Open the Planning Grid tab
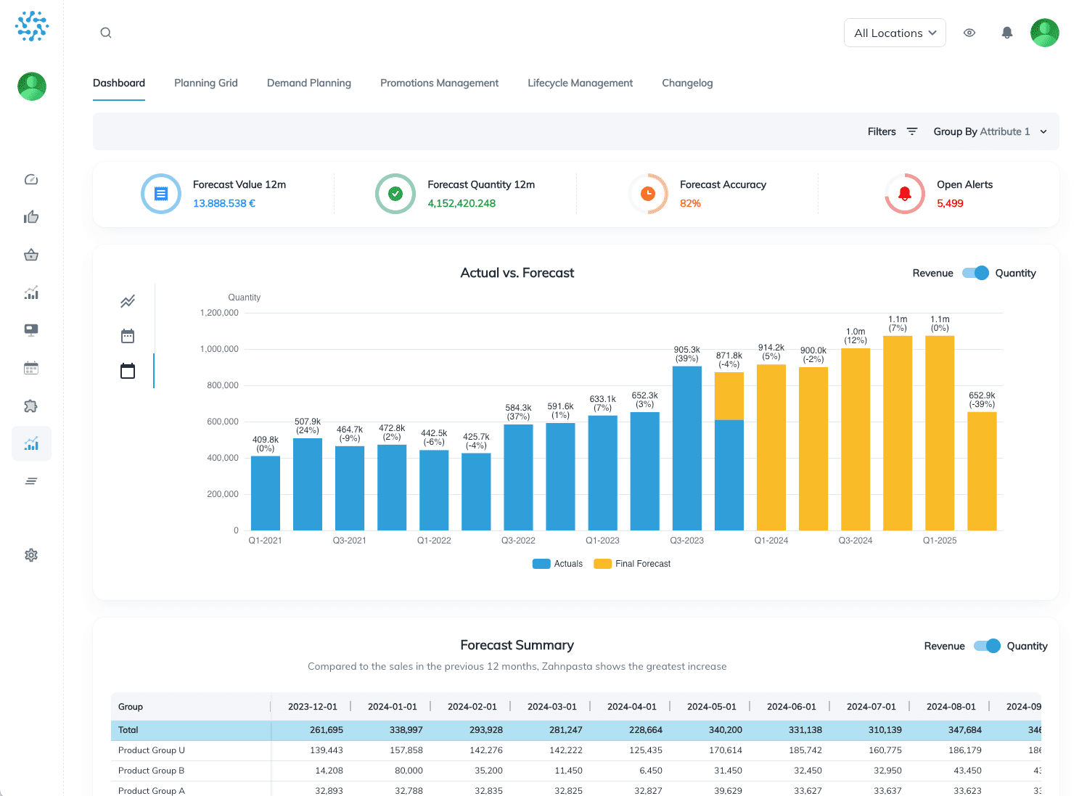(206, 83)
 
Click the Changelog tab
(687, 83)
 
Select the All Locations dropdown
(895, 33)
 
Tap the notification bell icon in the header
(1007, 33)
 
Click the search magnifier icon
(106, 33)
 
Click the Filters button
(893, 131)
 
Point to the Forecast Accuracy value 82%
(690, 203)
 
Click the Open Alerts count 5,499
(950, 203)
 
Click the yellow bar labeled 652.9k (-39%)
(982, 472)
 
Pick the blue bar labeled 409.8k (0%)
(266, 493)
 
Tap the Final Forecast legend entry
(632, 564)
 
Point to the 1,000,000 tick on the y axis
(219, 349)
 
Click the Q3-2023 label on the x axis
(686, 541)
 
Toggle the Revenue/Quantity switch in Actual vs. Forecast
(975, 273)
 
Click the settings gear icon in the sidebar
(31, 555)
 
